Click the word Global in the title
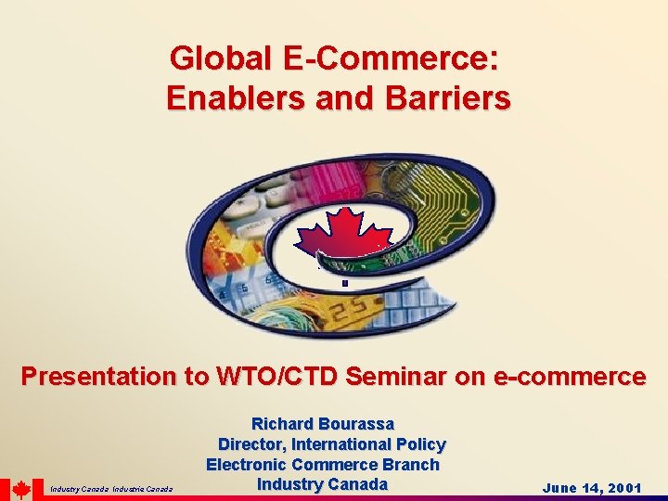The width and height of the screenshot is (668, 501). click(210, 59)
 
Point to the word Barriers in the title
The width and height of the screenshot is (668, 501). click(444, 97)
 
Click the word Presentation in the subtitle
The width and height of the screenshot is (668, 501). click(96, 377)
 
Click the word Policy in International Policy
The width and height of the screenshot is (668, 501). click(419, 444)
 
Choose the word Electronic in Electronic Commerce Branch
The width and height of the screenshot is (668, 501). click(246, 464)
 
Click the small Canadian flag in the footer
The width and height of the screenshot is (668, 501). click(21, 490)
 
